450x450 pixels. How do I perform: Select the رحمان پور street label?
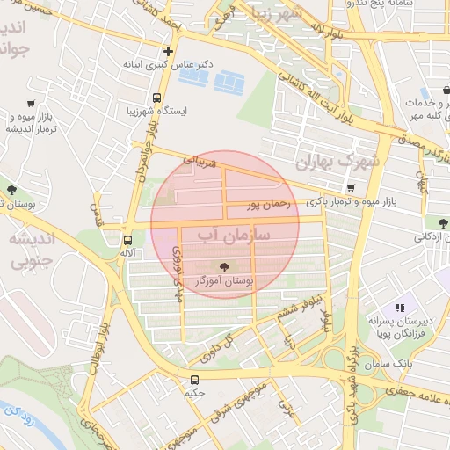[x=267, y=206]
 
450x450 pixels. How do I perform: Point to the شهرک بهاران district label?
[x=336, y=162]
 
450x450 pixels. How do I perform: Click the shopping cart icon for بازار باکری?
[x=351, y=187]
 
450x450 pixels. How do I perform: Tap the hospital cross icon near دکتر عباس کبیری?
[x=168, y=50]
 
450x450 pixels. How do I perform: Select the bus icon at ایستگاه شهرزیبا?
[x=156, y=98]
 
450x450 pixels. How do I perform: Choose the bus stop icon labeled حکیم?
[x=194, y=380]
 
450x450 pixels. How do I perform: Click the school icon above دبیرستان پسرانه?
[x=400, y=308]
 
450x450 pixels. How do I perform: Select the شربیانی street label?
[x=198, y=162]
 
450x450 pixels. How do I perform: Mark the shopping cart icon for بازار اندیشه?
[x=32, y=103]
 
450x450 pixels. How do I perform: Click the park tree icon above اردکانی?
[x=431, y=222]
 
